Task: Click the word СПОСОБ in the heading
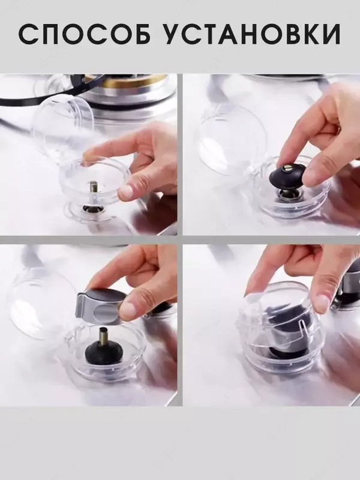[85, 34]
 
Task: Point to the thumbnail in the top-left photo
[125, 192]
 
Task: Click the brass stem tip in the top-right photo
[289, 167]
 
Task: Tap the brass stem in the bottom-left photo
[103, 336]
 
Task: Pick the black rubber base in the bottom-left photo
[103, 353]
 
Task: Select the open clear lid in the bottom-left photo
[41, 303]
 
